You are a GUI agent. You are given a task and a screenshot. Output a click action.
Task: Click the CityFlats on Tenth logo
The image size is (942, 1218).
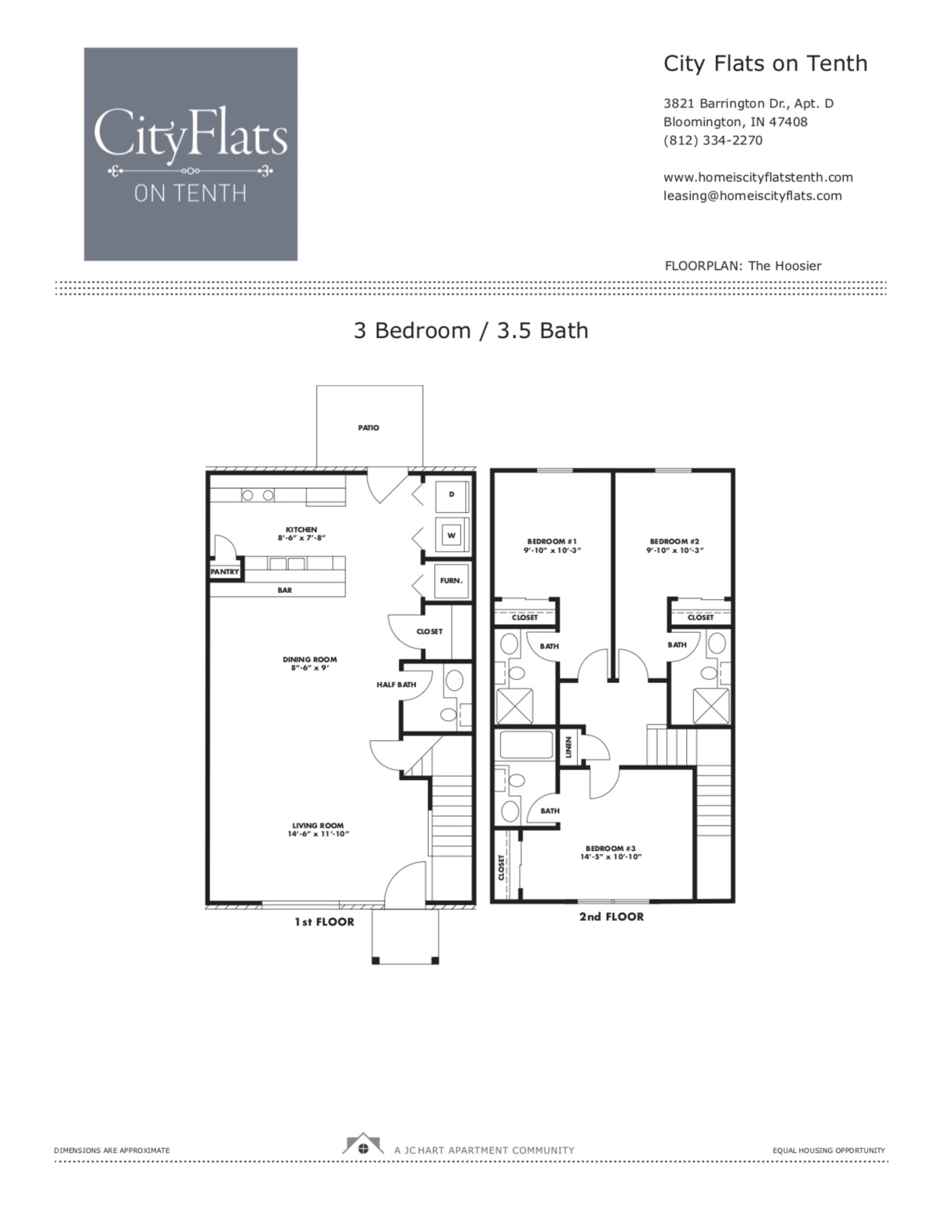tap(191, 154)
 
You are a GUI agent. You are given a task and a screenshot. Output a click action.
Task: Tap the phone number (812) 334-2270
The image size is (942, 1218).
tap(712, 140)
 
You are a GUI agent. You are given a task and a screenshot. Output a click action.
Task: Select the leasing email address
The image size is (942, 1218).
tap(752, 196)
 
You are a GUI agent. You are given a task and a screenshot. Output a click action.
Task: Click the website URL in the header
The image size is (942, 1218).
tap(758, 177)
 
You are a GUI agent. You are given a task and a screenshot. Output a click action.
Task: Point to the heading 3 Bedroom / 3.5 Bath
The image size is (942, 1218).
tap(471, 330)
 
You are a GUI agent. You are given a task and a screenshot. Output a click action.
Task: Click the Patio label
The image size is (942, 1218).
tap(369, 428)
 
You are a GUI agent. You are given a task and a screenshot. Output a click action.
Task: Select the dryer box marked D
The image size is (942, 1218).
tap(451, 495)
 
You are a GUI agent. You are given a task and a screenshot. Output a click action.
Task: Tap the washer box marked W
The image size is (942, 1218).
tap(451, 536)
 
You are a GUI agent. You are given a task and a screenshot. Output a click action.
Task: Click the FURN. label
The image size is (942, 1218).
tap(451, 581)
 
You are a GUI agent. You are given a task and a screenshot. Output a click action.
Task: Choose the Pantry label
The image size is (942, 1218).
tap(225, 572)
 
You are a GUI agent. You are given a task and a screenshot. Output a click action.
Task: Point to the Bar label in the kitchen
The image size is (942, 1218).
tap(284, 590)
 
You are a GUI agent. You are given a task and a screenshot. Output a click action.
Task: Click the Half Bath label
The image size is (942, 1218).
tap(396, 685)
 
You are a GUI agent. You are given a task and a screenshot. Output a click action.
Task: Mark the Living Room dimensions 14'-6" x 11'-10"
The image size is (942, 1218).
tap(318, 834)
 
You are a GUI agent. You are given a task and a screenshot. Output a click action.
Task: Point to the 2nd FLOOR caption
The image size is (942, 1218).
tap(612, 916)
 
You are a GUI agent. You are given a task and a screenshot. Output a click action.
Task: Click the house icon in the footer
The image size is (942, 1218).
tap(363, 1147)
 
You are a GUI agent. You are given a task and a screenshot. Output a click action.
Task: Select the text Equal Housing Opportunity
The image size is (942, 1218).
tap(828, 1151)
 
